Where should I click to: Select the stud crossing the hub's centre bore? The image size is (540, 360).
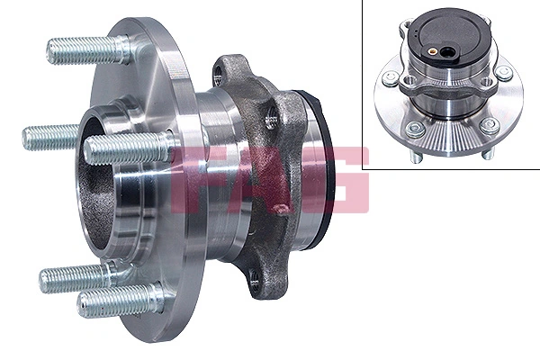coord(126,148)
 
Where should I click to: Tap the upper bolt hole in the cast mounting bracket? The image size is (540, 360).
coord(271,115)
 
